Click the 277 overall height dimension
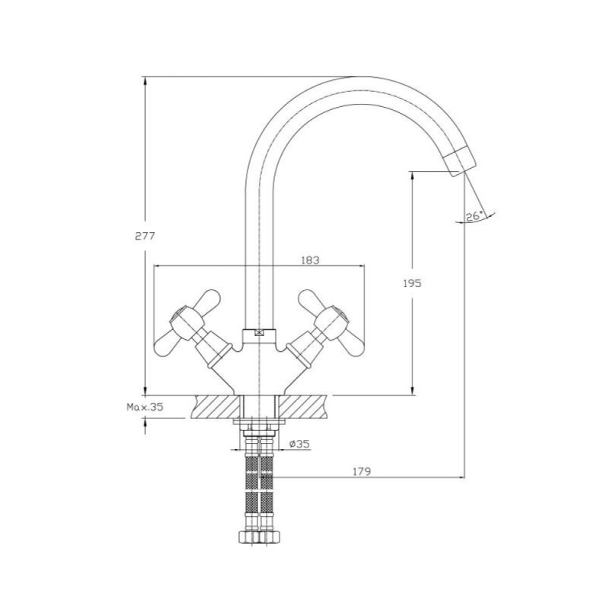point(145,236)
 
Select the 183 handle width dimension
point(310,260)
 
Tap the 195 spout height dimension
point(412,283)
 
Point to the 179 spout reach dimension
point(362,471)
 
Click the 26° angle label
point(474,216)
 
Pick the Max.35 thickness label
point(145,407)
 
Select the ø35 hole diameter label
point(299,444)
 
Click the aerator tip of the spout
point(461,162)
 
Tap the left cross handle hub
point(187,321)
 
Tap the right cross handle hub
point(332,321)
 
